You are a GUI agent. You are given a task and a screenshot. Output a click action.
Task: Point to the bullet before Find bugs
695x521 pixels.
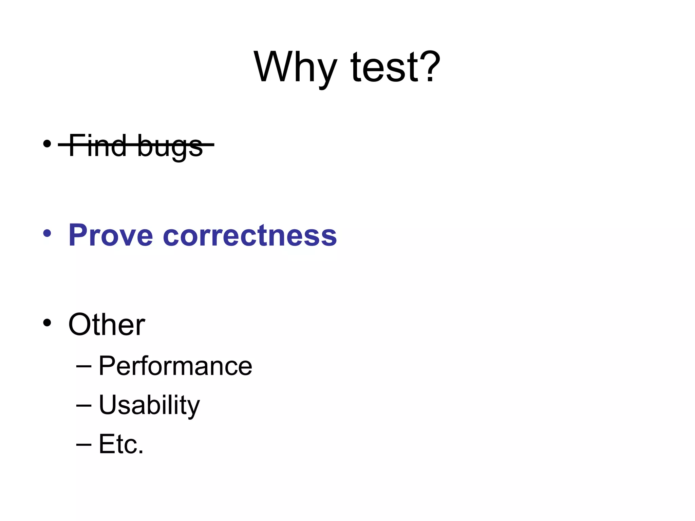(47, 144)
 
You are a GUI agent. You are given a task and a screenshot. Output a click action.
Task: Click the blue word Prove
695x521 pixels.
(111, 235)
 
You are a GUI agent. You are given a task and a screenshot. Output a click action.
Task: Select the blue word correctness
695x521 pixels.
(250, 235)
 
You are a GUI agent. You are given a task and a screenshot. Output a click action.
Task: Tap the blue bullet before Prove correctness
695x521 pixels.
(47, 233)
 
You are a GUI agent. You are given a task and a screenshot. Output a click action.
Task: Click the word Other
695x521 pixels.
(107, 325)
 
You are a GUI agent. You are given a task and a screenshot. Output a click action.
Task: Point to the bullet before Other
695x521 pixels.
(47, 323)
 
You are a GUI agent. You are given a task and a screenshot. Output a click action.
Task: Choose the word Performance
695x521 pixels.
(175, 366)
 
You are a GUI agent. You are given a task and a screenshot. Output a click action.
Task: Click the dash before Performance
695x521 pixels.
(84, 366)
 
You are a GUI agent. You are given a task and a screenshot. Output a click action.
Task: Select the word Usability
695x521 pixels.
(149, 405)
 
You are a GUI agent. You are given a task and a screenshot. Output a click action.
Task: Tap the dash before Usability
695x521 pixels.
(84, 405)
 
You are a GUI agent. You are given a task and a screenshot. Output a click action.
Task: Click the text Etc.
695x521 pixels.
(121, 444)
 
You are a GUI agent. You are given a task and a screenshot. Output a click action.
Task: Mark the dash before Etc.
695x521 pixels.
(84, 444)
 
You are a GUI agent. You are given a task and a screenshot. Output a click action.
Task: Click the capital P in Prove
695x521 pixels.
(79, 235)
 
